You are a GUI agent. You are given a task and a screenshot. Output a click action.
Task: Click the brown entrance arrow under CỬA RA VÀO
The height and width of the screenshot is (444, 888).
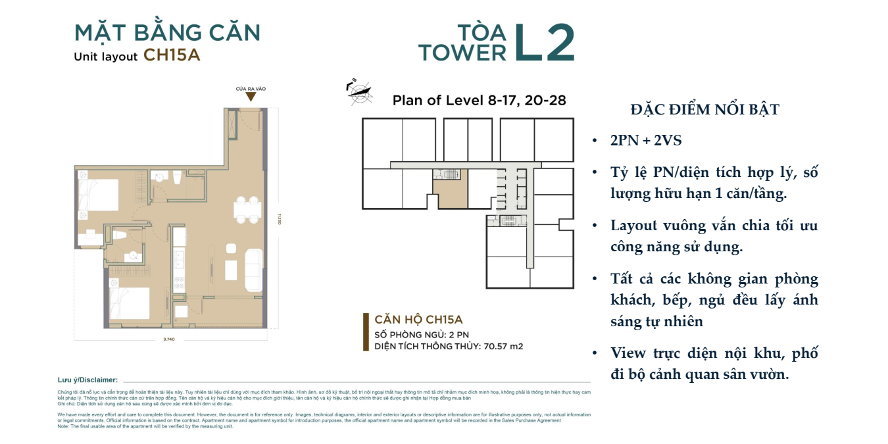251,97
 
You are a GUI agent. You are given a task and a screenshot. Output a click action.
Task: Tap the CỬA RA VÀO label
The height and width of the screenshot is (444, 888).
251,89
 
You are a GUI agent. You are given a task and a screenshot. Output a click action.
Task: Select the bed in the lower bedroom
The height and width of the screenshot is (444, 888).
132,304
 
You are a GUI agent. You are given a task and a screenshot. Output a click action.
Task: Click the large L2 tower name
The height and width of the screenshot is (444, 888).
544,43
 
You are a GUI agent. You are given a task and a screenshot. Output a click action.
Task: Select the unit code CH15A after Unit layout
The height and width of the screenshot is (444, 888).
172,55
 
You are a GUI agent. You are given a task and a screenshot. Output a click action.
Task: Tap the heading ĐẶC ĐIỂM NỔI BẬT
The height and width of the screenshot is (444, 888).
704,110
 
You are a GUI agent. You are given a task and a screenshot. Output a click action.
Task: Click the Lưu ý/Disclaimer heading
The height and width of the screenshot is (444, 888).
87,380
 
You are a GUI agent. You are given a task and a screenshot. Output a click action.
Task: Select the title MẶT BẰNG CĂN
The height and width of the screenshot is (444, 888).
167,32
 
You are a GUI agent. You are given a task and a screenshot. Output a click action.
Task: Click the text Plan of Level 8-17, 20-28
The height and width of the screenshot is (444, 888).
479,101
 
